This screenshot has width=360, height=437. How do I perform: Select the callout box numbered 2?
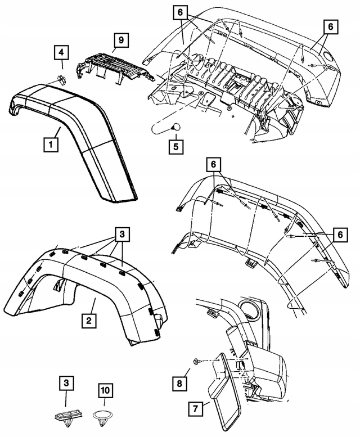[88, 321]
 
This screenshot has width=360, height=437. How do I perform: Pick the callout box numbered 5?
[176, 147]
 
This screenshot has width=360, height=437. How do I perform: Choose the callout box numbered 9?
[120, 40]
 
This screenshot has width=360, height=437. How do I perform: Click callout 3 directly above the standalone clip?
[66, 384]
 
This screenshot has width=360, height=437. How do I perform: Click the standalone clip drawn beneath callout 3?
[65, 416]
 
